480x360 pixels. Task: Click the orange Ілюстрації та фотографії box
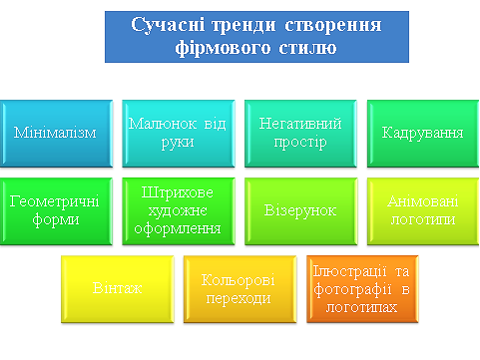(x=361, y=287)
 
